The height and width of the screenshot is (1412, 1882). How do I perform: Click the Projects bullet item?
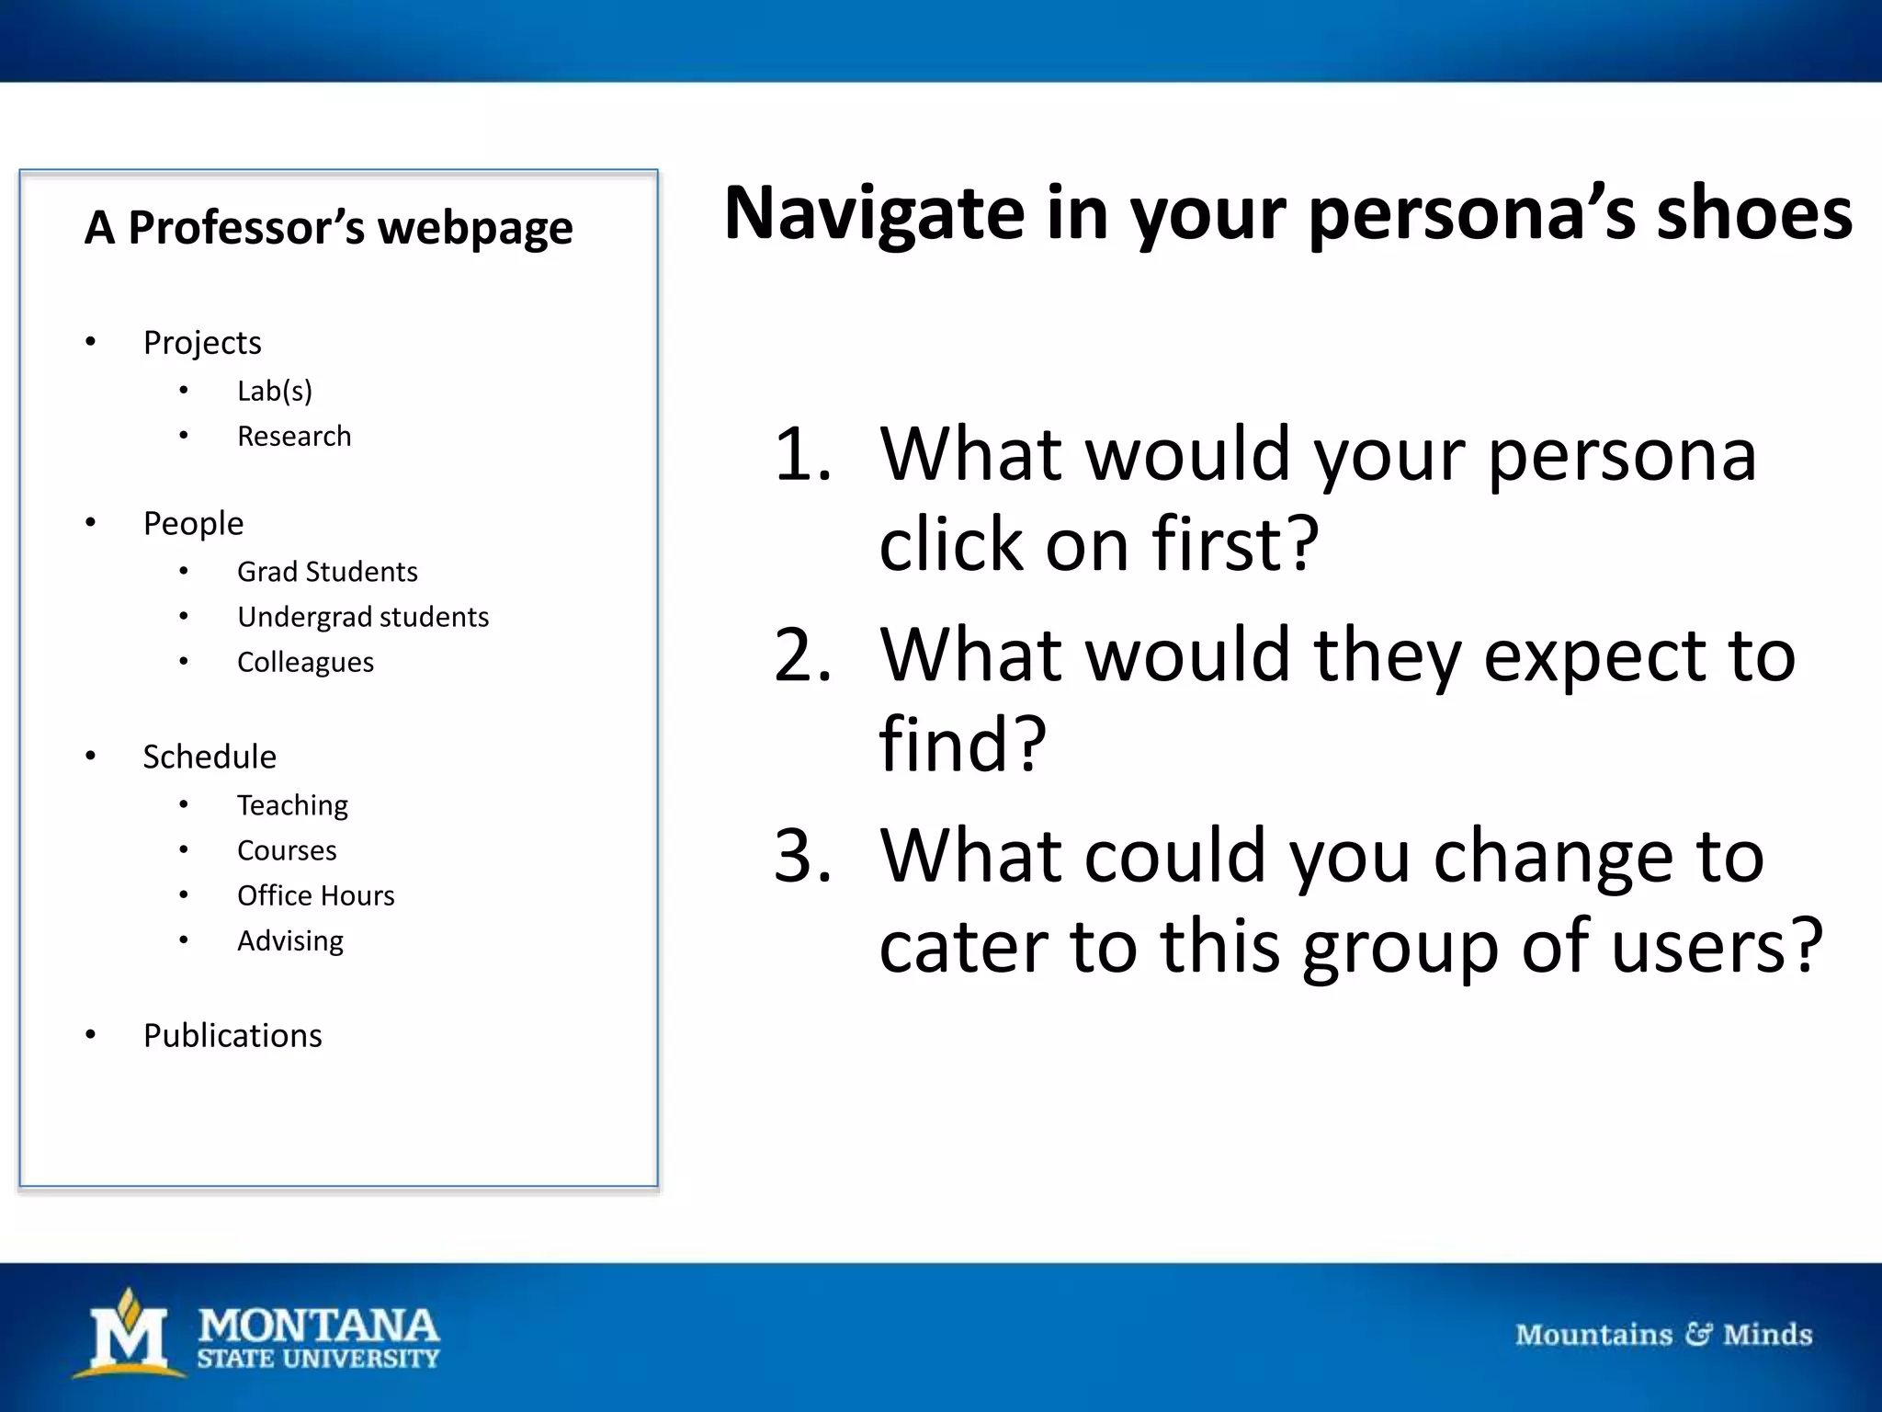pos(202,343)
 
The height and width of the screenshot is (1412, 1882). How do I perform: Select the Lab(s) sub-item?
pos(274,391)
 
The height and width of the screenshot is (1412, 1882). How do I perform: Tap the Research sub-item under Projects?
pos(294,436)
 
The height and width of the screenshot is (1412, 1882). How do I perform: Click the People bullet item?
pos(193,524)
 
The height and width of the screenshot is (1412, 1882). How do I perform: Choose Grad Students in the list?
pos(327,572)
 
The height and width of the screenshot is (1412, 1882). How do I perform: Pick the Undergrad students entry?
pos(362,617)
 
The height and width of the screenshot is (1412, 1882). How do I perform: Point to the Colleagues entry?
pos(305,662)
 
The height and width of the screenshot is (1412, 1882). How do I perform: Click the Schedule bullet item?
pos(210,757)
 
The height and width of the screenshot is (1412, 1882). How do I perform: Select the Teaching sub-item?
pos(292,805)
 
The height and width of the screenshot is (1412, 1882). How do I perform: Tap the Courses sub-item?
pos(287,850)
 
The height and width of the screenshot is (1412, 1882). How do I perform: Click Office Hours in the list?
pos(315,895)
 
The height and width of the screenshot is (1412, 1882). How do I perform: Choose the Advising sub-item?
pos(290,941)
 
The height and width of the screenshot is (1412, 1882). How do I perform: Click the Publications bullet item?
pos(232,1036)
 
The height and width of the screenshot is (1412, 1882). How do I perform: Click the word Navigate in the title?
pos(873,215)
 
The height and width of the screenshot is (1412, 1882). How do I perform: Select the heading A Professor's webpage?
pos(328,227)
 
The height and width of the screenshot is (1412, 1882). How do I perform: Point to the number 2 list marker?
pos(801,655)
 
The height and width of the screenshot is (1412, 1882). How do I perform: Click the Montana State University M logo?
pos(130,1333)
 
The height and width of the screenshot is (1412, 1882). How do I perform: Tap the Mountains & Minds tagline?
pos(1663,1334)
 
